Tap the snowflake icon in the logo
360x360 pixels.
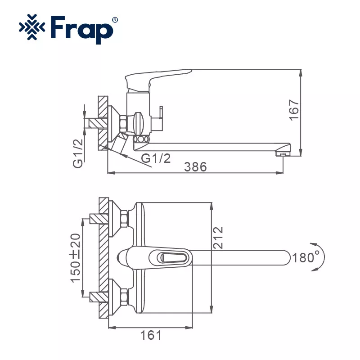point(32,30)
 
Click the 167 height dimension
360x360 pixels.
point(293,109)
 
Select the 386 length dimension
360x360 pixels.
point(195,166)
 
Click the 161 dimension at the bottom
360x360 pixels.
point(150,335)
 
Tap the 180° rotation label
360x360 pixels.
point(306,257)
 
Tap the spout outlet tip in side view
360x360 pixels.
point(282,153)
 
